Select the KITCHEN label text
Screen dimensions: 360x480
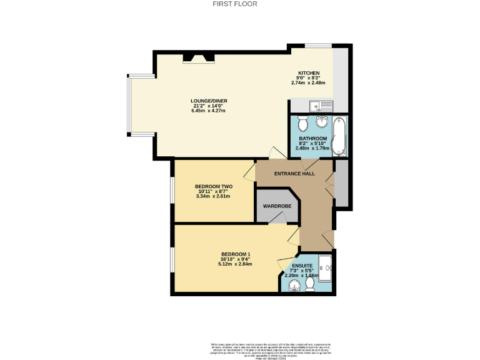tap(309, 72)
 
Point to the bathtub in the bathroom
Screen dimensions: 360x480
tap(339, 136)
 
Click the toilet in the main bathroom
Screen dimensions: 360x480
tap(302, 121)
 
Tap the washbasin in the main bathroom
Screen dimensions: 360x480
tap(322, 121)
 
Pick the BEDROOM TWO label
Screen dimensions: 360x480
tap(213, 186)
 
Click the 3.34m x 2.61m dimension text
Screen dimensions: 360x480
tap(213, 196)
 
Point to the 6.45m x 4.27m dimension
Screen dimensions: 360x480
tap(209, 111)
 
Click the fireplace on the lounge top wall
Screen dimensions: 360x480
tap(197, 59)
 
